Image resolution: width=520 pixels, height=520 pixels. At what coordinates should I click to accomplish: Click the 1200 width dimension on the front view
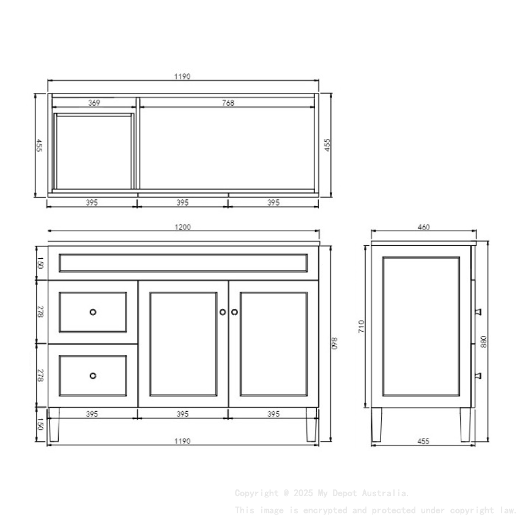tap(183, 227)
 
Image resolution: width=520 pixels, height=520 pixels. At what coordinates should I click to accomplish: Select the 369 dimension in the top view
tap(94, 103)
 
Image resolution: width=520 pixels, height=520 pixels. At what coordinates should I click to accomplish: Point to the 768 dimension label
tap(228, 103)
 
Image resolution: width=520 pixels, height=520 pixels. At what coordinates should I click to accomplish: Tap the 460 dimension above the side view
tap(423, 227)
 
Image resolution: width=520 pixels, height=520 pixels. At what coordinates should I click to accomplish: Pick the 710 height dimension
tap(362, 326)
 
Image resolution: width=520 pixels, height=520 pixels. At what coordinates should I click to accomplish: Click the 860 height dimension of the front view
tap(334, 344)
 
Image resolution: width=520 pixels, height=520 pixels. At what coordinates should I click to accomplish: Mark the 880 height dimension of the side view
tap(483, 341)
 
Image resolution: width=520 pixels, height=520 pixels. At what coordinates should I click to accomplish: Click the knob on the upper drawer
tap(93, 312)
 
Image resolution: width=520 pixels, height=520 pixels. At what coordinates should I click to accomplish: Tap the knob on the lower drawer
tap(93, 376)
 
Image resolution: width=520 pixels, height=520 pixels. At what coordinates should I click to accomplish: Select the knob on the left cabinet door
tap(223, 312)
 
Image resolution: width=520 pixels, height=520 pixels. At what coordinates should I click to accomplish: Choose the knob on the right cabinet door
tap(234, 312)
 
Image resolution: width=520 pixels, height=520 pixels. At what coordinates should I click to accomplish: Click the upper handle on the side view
tap(478, 311)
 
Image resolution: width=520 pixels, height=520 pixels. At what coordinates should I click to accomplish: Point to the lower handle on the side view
tap(478, 375)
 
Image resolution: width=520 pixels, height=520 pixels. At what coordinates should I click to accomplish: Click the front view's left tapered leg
tap(54, 424)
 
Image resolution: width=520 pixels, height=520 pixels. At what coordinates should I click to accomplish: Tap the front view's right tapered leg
tap(311, 424)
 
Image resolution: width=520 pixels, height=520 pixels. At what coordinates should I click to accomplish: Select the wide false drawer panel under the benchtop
tap(183, 263)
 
